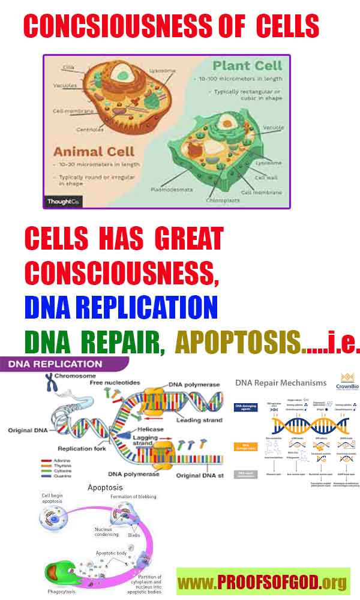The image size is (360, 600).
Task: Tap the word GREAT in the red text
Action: (189, 239)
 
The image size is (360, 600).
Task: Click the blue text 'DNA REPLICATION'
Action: (121, 307)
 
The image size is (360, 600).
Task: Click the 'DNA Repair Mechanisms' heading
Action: (281, 382)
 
